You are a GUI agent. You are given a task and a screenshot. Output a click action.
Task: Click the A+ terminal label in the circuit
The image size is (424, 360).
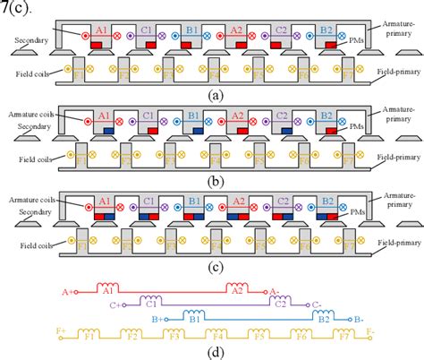click(66, 291)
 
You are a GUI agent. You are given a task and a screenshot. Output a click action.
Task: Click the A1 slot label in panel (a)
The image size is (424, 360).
click(103, 29)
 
